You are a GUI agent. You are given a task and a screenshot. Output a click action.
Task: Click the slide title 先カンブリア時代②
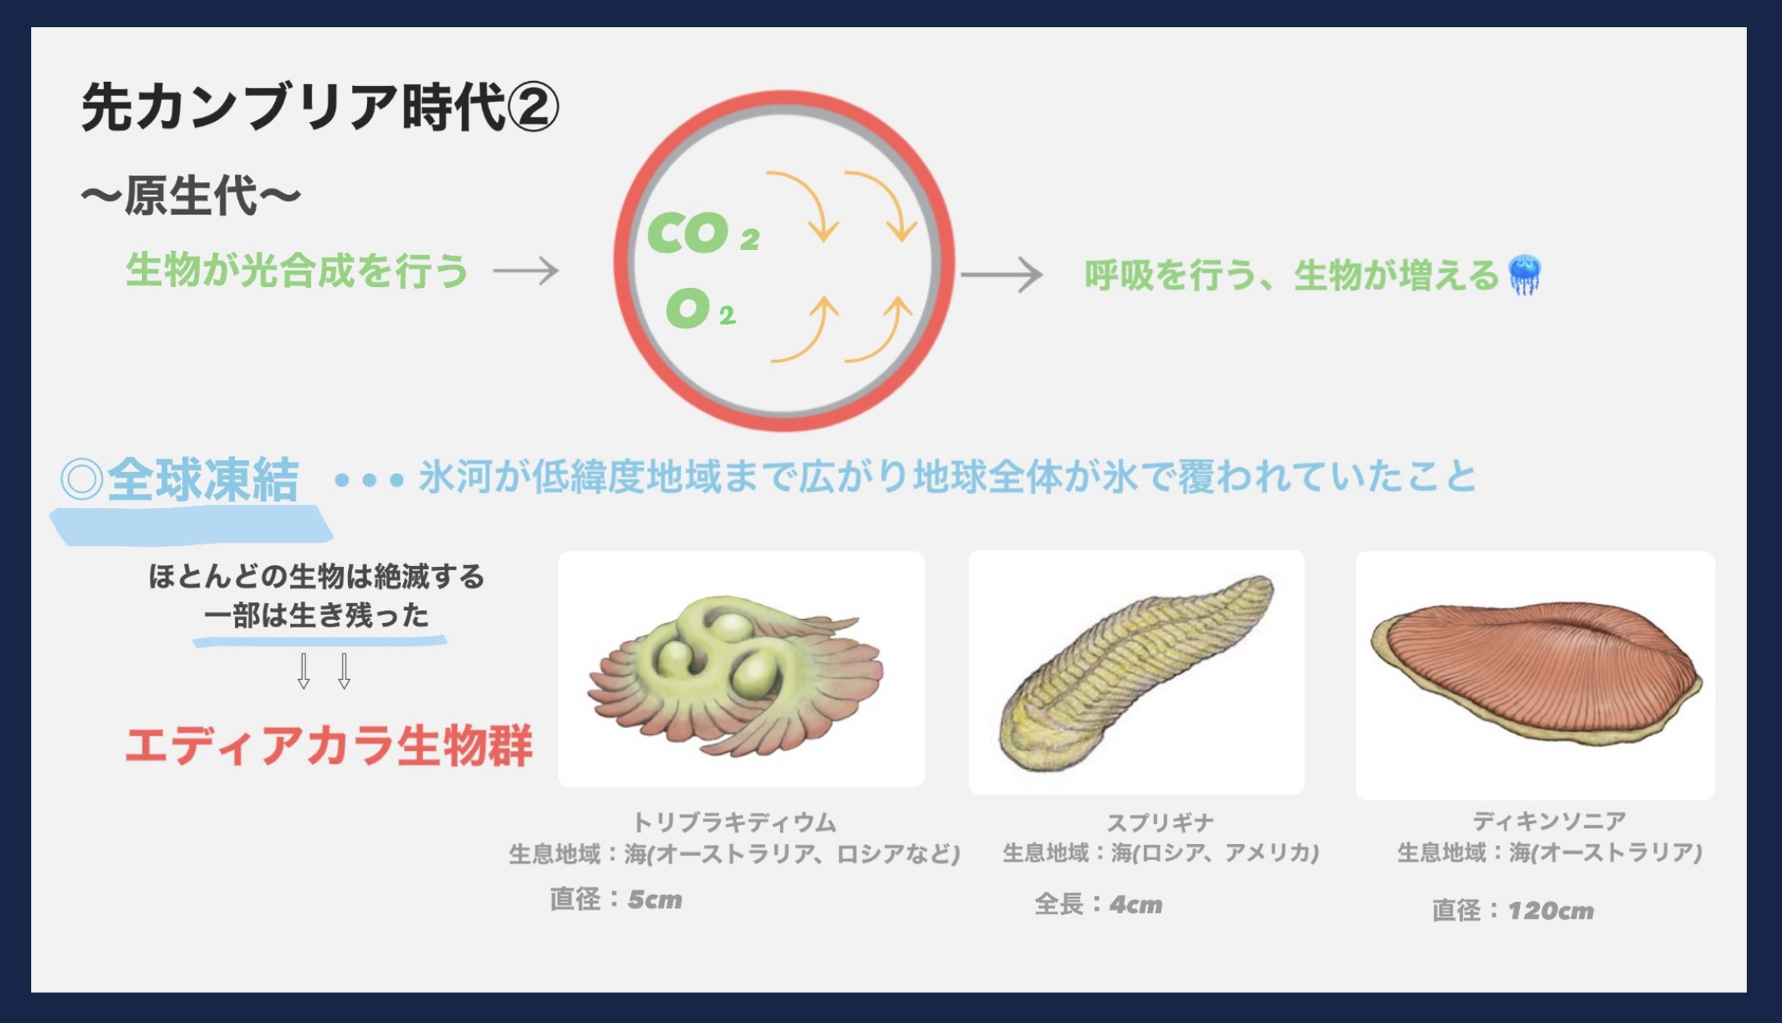pos(320,107)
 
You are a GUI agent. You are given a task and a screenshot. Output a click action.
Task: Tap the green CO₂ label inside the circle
pos(703,232)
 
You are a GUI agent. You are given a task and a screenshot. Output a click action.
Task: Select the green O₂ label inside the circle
pos(700,309)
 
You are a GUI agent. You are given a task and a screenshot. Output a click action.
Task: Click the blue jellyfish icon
pos(1524,274)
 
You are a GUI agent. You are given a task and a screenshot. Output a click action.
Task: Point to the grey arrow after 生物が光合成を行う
pos(526,271)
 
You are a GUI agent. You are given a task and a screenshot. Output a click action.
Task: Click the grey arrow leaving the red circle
pos(1002,274)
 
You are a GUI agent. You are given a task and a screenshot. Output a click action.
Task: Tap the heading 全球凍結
pos(203,479)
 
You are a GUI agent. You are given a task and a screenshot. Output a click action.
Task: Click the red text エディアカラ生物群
pos(329,746)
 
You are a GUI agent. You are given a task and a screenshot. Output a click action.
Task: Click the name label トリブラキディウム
pos(734,822)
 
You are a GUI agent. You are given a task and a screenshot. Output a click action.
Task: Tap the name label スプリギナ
pos(1160,822)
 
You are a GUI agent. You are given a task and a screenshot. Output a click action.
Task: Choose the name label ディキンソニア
pos(1549,820)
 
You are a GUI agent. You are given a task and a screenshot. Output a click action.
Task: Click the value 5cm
pos(655,900)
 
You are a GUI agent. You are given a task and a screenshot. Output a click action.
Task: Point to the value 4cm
pos(1136,904)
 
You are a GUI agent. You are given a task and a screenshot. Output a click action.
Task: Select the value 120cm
pos(1550,911)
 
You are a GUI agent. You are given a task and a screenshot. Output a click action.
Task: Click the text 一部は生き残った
pos(317,616)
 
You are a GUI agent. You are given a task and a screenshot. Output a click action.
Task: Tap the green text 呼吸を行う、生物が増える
pos(1291,275)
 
